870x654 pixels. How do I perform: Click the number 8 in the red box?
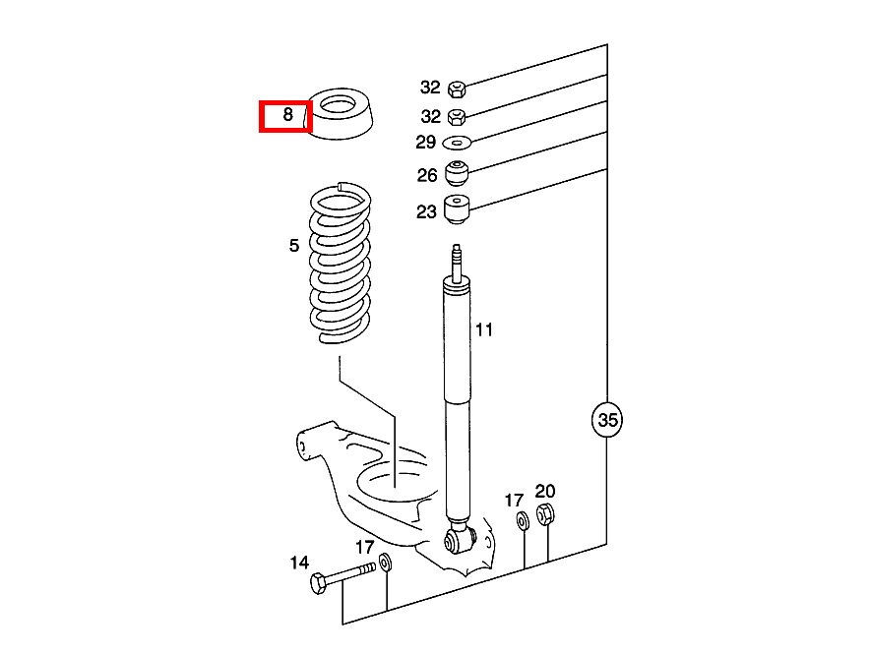click(287, 115)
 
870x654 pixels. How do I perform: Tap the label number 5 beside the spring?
click(294, 246)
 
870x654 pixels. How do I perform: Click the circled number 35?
click(607, 420)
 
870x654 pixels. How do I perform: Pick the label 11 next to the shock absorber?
click(484, 329)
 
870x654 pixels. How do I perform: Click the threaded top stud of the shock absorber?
click(456, 260)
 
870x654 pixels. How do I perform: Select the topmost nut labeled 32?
click(456, 89)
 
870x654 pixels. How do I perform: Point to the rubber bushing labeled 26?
click(458, 173)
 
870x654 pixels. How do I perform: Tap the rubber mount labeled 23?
click(458, 209)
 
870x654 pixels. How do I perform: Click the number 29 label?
click(425, 143)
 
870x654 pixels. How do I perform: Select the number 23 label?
click(425, 210)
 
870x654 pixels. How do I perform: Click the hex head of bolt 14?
click(318, 584)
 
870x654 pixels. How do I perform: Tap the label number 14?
click(299, 564)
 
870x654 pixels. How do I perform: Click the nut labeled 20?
click(547, 514)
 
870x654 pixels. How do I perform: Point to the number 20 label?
click(545, 491)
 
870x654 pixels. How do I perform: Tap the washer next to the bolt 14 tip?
click(385, 564)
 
